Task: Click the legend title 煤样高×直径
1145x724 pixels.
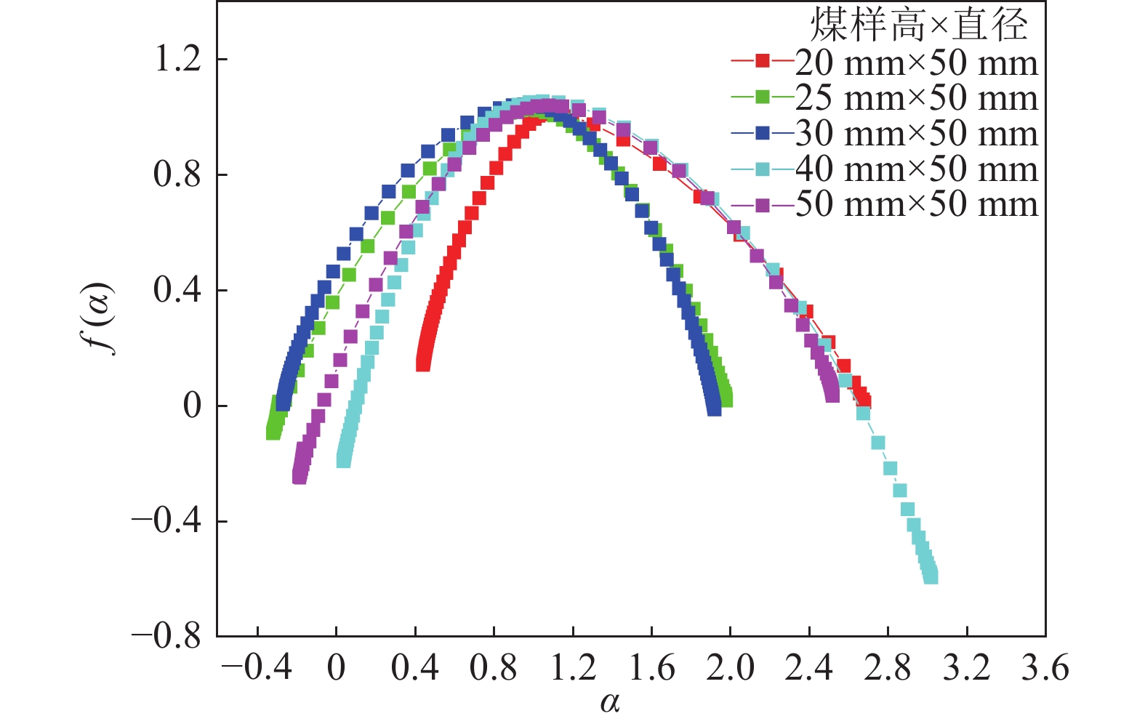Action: pos(919,26)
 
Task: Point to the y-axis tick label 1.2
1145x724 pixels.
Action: pos(177,59)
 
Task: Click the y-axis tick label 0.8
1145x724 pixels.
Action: pos(177,174)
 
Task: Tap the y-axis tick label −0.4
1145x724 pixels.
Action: pos(166,521)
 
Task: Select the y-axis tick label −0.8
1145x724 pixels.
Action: pos(166,636)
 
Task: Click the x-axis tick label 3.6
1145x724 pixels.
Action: pos(1045,667)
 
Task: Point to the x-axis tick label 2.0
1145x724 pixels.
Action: pos(730,667)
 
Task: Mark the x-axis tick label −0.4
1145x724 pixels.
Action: pos(257,667)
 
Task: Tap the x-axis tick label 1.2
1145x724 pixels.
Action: pos(573,667)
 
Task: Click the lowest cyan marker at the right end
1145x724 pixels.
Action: pos(931,576)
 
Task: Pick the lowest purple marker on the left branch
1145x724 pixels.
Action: pos(299,477)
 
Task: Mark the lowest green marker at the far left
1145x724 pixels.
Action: pos(273,433)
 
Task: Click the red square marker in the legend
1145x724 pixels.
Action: pos(762,61)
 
